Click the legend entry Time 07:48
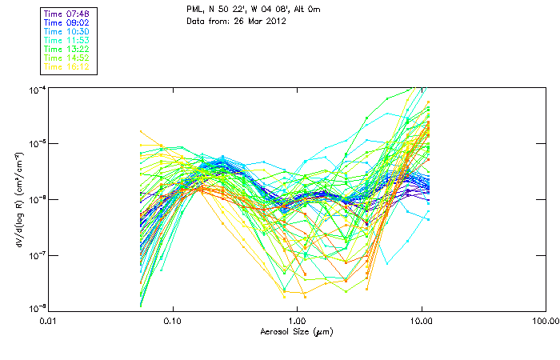67,14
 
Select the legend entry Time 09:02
67,22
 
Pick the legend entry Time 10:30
67,31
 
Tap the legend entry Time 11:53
67,40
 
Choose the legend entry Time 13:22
67,50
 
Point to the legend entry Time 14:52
67,58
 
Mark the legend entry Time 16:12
67,67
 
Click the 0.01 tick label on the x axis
49,321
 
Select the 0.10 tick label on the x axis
173,321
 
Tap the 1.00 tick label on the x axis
297,321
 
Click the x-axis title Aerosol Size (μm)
296,331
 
